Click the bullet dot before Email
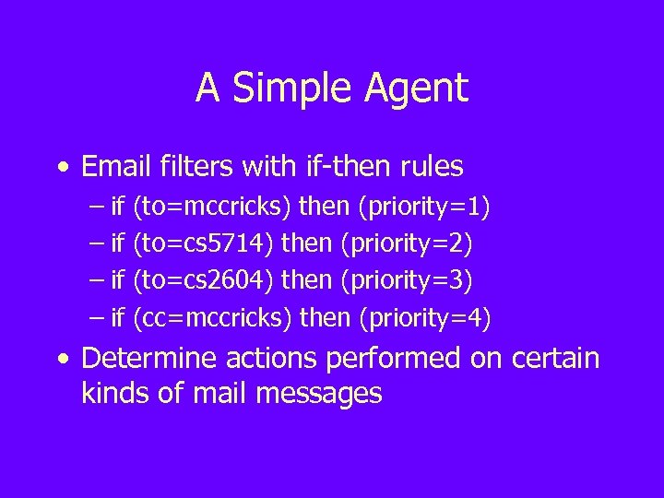click(61, 167)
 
